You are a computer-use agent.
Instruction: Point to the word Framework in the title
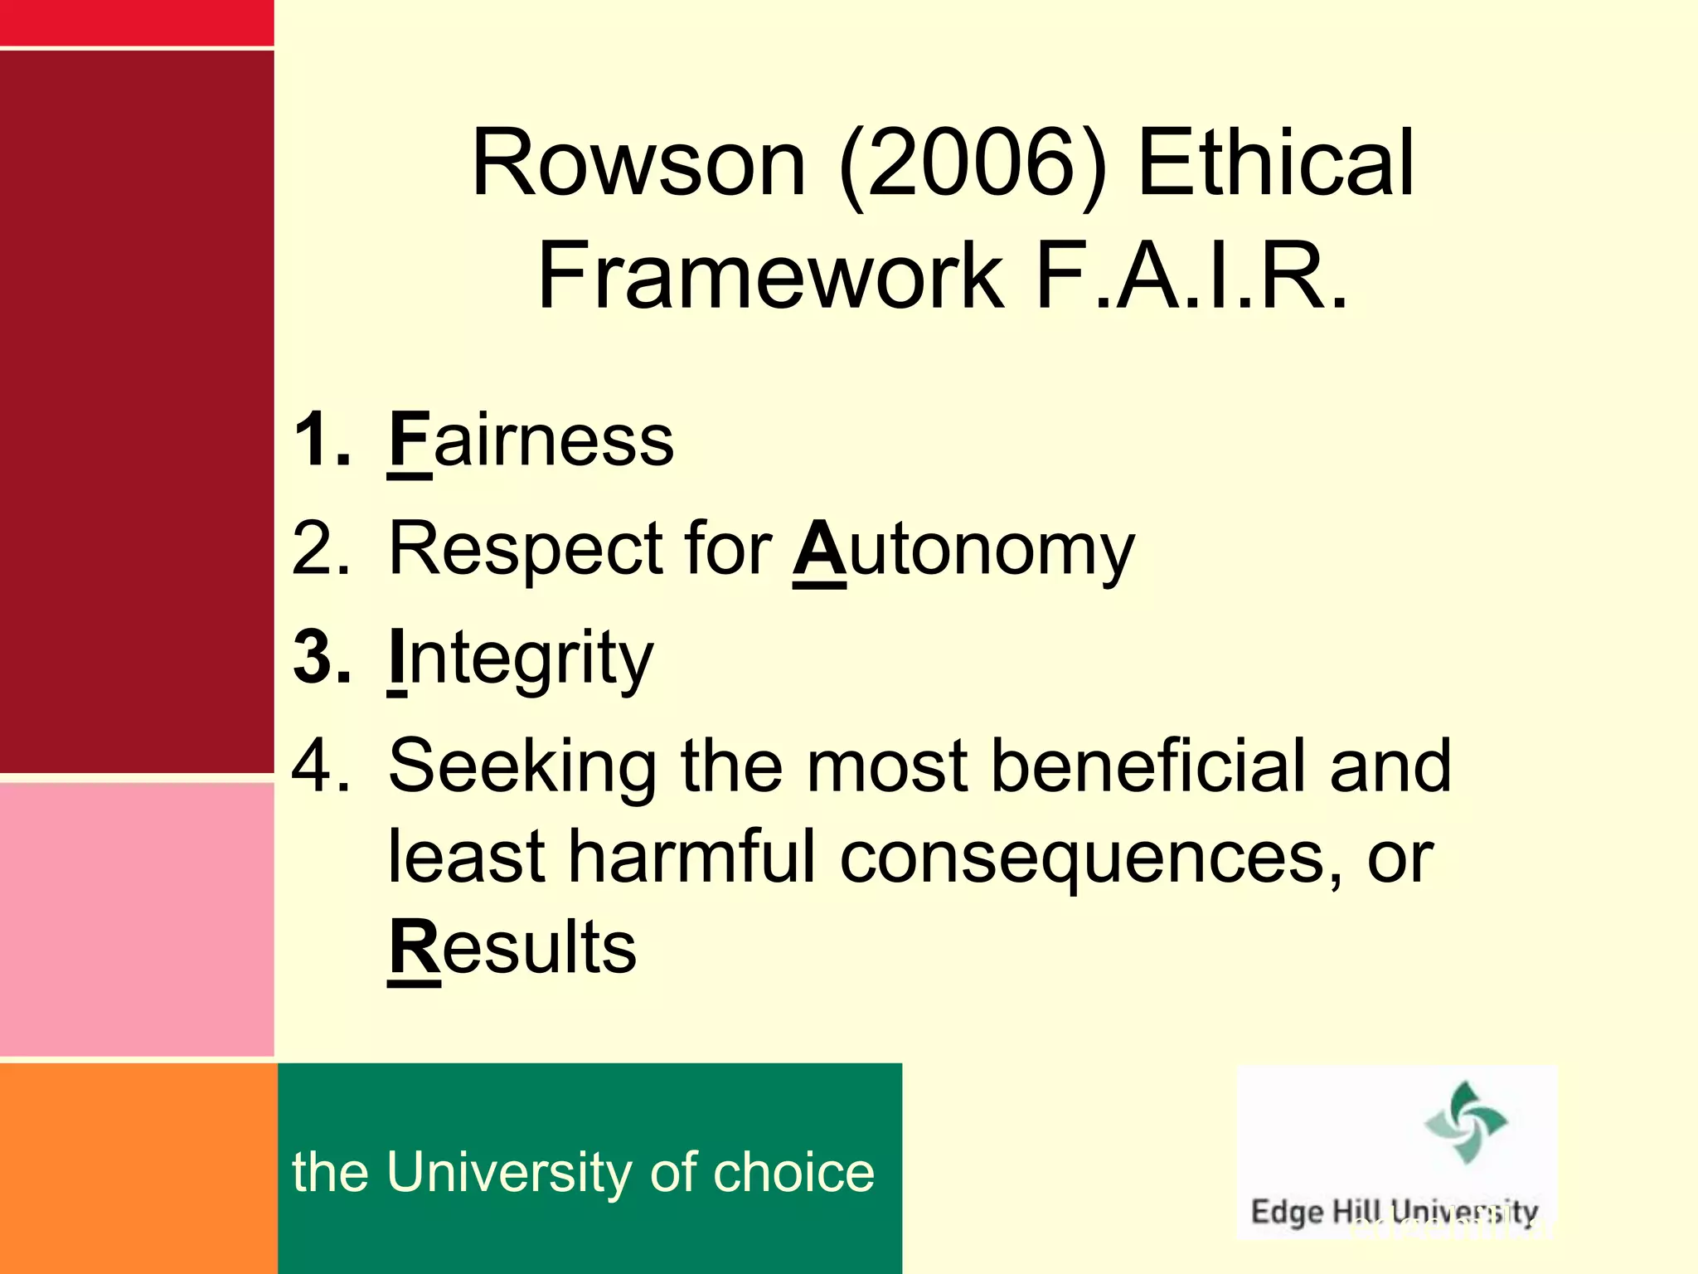pos(771,275)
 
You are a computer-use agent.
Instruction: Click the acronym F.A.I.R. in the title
pos(1192,275)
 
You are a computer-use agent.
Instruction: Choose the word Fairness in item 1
pos(531,440)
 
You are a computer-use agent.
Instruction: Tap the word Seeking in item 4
pos(522,767)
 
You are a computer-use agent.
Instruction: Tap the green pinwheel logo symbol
pos(1465,1122)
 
